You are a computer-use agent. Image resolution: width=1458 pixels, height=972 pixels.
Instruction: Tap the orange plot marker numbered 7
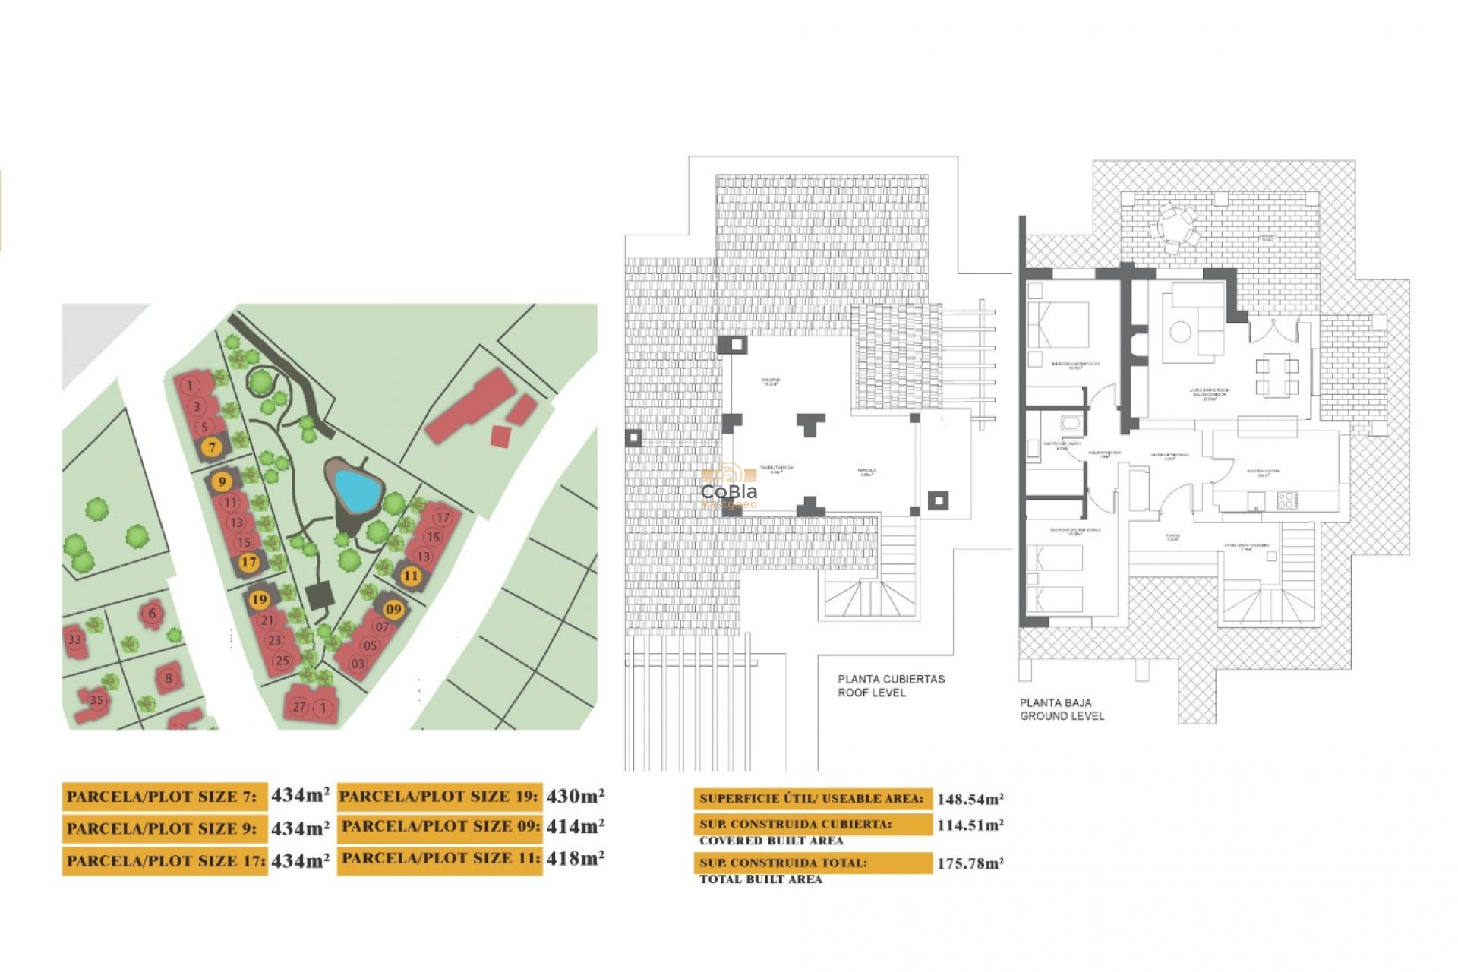pos(212,447)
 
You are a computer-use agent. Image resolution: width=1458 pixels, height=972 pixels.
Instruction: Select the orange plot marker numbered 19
pos(259,599)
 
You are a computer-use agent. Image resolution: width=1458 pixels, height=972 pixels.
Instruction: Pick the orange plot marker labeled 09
pos(393,608)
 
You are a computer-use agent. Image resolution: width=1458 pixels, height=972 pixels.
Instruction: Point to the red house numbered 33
pos(74,639)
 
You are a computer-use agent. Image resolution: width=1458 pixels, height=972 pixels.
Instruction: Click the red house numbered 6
pos(152,613)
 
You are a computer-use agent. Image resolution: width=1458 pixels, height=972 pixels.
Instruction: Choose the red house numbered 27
pos(299,706)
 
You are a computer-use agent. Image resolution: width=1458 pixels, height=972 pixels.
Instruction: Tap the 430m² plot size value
pos(575,796)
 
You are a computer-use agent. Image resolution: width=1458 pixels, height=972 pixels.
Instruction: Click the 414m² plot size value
pos(575,826)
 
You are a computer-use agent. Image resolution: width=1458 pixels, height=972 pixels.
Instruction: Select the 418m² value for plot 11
pos(575,858)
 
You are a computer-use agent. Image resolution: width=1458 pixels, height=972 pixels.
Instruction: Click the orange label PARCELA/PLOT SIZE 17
pos(165,861)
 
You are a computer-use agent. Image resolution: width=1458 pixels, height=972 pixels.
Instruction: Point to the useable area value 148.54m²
pos(970,799)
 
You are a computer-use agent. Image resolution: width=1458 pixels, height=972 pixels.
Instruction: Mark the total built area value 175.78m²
pos(970,863)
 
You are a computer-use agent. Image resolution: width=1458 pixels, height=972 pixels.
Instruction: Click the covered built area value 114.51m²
pos(970,825)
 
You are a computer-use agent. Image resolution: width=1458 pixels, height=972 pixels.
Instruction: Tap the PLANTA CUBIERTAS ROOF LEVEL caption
pos(891,686)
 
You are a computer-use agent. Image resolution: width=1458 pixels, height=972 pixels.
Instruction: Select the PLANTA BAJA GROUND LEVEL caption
pos(1061,709)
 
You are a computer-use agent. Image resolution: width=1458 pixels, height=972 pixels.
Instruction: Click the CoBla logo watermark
pos(728,491)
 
